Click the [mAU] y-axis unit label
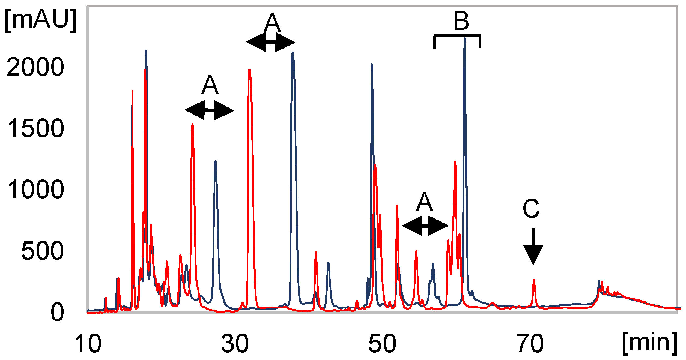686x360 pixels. [40, 20]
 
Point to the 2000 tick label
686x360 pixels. [35, 67]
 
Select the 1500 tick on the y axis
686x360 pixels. [36, 128]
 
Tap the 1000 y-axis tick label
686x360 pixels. [36, 190]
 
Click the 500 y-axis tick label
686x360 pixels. [42, 251]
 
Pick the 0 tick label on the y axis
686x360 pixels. [57, 313]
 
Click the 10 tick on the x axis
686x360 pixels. [88, 344]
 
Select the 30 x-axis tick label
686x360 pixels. [235, 344]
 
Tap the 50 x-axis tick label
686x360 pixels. [382, 344]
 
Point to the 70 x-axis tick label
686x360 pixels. [530, 344]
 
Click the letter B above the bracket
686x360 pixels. [461, 21]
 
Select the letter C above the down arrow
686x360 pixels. [531, 209]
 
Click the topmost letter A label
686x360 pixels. [272, 23]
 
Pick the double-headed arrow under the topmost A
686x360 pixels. [270, 42]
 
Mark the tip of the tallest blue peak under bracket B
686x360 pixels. [465, 39]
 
